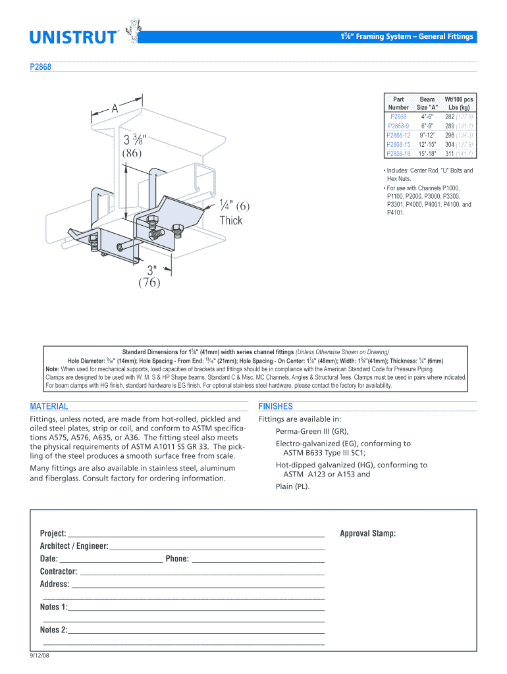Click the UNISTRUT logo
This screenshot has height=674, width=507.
[x=74, y=37]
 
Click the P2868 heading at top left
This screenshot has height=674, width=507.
[x=40, y=66]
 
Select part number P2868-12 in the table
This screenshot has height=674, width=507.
[x=398, y=135]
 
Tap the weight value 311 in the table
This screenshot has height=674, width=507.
[x=450, y=153]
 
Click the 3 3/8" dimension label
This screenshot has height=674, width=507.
[x=136, y=140]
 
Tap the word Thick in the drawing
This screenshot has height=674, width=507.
[x=231, y=220]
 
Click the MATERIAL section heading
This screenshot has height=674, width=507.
[x=49, y=406]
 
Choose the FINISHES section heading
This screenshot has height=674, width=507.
[x=276, y=406]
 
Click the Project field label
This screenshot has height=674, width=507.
[x=53, y=533]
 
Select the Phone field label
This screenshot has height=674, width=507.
[x=177, y=559]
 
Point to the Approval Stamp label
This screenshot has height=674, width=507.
[x=368, y=533]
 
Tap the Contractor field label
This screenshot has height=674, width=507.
[x=59, y=571]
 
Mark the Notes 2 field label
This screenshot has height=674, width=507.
[x=53, y=630]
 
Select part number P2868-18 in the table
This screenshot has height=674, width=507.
[x=398, y=153]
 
